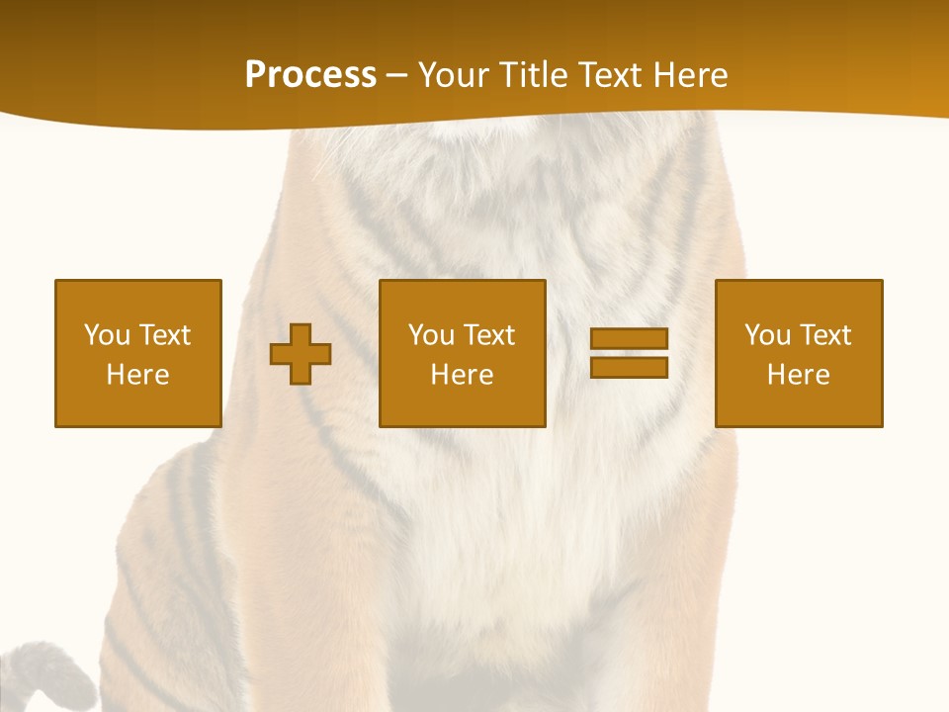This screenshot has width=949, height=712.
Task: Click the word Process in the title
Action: point(310,74)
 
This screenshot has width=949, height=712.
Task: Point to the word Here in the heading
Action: point(689,74)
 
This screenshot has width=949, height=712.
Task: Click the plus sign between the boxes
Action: point(301,353)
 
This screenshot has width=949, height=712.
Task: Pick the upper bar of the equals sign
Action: point(629,338)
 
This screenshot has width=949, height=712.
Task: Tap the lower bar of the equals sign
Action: point(629,368)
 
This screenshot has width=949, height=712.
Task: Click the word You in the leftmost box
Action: point(107,335)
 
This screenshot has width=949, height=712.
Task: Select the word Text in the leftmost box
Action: point(164,335)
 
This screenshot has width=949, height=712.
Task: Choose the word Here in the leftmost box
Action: point(137,375)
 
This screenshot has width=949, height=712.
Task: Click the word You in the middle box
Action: point(431,335)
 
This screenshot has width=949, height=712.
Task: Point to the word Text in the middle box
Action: point(488,335)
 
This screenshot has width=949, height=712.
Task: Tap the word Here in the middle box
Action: point(462,375)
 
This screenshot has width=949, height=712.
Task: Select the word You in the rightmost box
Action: point(767,335)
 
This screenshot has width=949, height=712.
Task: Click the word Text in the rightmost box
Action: point(824,335)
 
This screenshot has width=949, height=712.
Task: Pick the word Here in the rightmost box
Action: point(798,375)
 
